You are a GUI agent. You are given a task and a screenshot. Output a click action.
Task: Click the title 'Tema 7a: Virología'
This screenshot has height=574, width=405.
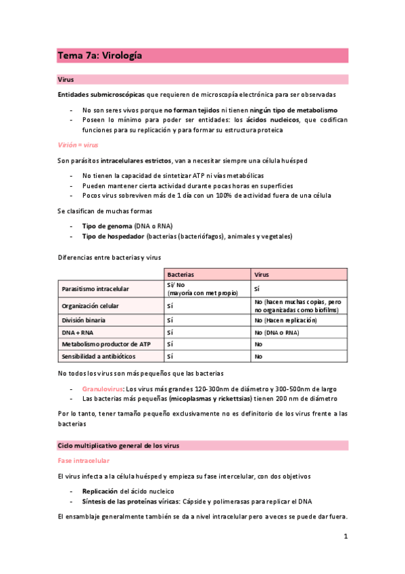coord(99,57)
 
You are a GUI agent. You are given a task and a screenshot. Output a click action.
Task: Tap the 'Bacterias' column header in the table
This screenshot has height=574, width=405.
coord(181,275)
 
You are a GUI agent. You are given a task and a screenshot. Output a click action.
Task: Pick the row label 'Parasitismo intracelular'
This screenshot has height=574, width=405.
coord(95,288)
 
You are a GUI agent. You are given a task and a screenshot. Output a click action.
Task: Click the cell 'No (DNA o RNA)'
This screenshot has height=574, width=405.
coord(276,332)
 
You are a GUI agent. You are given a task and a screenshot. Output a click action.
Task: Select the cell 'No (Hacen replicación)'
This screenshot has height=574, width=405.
coord(285,319)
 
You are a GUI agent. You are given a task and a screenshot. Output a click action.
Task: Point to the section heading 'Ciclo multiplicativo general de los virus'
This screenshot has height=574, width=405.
coord(118,445)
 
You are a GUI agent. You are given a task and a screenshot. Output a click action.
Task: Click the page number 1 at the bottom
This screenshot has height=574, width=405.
coord(345,537)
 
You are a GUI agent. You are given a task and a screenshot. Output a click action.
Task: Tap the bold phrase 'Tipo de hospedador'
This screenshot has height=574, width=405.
coord(111,237)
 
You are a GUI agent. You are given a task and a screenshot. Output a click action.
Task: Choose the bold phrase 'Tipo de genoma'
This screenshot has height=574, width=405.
coord(106,225)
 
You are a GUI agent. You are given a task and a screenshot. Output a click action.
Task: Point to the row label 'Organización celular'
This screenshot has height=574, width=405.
coord(90,305)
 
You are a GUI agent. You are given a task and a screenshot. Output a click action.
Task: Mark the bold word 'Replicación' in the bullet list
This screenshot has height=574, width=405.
coord(100,490)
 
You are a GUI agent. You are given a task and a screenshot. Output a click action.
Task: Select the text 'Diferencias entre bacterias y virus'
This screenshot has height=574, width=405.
coord(109,257)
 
